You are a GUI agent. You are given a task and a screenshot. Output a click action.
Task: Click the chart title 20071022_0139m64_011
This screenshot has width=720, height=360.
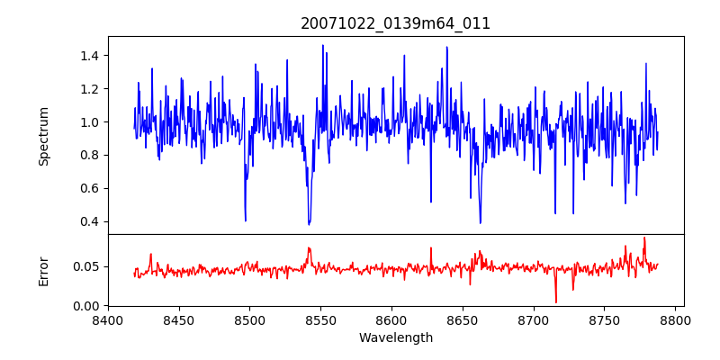point(396,23)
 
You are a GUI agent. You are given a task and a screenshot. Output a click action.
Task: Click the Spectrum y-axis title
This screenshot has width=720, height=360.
point(43,136)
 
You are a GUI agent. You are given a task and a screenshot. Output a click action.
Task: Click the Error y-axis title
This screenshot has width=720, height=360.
point(43,270)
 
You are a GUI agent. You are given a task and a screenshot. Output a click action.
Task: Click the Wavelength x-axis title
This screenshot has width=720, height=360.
point(396,338)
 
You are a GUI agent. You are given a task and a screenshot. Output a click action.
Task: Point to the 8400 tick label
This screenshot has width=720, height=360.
point(108,319)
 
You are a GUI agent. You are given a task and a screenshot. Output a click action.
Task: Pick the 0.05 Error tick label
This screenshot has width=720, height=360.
point(84,266)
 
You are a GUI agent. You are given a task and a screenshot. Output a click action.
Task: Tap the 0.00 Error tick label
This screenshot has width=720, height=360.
point(84,306)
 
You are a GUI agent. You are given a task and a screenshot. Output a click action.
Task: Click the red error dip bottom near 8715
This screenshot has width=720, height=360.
point(556,302)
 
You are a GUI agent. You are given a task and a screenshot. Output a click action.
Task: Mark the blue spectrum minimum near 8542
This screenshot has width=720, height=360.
point(309,224)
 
